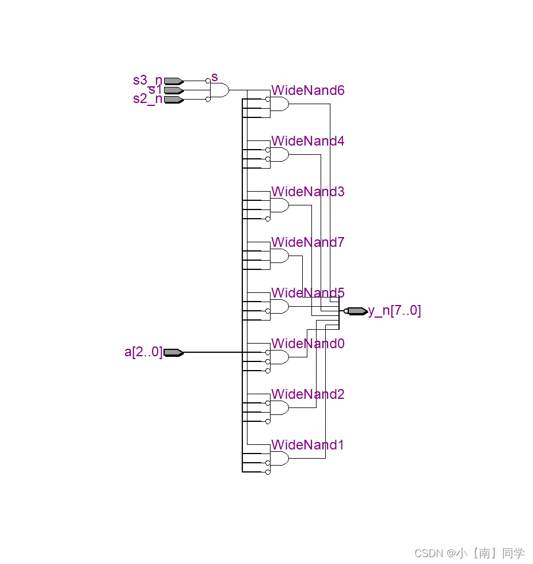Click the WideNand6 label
pos(308,90)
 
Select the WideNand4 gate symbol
pos(279,155)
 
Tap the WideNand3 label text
pos(308,192)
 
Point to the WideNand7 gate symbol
pos(279,256)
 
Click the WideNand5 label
pos(308,293)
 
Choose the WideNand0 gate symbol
pos(279,357)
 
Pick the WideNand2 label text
pos(308,394)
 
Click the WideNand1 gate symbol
pos(279,459)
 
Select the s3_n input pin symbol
pos(173,81)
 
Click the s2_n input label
pos(148,99)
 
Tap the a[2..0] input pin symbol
pos(173,352)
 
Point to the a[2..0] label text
pos(143,352)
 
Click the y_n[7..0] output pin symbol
pos(357,311)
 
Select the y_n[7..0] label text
pos(395,311)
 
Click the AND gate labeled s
pos(220,90)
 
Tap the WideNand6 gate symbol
pos(279,104)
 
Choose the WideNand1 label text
pos(308,445)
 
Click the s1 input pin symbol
pos(173,90)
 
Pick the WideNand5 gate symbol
pos(279,307)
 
